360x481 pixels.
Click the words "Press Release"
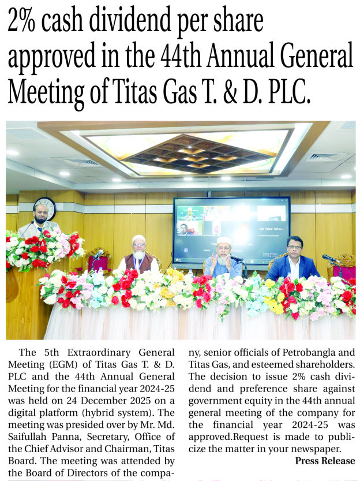[x=325, y=460]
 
